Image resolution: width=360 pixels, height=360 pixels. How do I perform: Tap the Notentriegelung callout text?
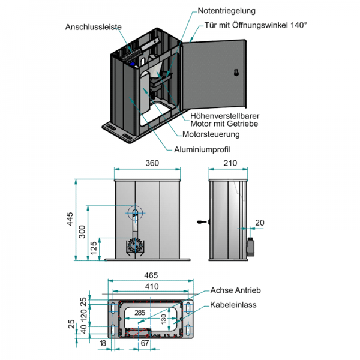pos(226,11)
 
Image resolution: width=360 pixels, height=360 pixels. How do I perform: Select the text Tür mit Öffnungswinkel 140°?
pos(256,25)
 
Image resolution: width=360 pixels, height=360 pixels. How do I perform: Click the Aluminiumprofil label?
pos(202,149)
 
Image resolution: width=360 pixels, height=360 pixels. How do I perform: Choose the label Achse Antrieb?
pos(235,290)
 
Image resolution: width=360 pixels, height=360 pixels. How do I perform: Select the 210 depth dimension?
pos(230,163)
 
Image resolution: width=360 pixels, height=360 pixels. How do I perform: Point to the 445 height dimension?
pos(70,220)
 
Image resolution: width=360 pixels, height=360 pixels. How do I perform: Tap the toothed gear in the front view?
pos(135,247)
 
